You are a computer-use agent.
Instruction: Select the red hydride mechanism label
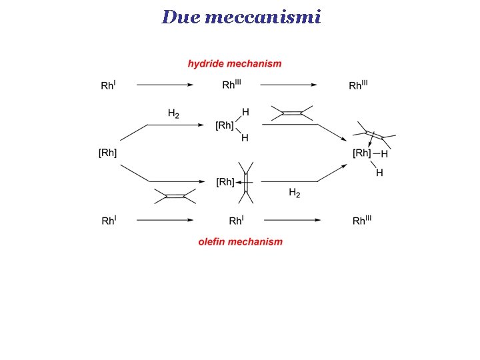pos(235,64)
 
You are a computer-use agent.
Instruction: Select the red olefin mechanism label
pos(240,241)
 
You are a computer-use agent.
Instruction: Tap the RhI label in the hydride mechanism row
pos(108,85)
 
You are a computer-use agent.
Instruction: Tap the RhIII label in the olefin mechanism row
pos(361,221)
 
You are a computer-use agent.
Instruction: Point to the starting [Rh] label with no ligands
pos(108,153)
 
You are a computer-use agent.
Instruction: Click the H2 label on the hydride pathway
pos(173,114)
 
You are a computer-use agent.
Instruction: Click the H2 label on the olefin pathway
pos(294,193)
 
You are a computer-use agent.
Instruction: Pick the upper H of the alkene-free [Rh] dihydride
pos(245,111)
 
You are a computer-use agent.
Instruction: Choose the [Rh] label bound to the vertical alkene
pos(225,181)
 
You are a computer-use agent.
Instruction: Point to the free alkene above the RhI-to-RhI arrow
pos(175,196)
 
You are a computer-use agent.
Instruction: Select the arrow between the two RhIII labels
pos(288,85)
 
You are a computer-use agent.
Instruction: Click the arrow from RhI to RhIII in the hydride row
pos(165,85)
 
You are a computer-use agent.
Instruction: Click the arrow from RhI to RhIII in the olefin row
pos(165,220)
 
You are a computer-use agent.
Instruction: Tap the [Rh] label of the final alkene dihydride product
pos(361,153)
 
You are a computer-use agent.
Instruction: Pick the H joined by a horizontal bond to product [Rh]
pos(384,154)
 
